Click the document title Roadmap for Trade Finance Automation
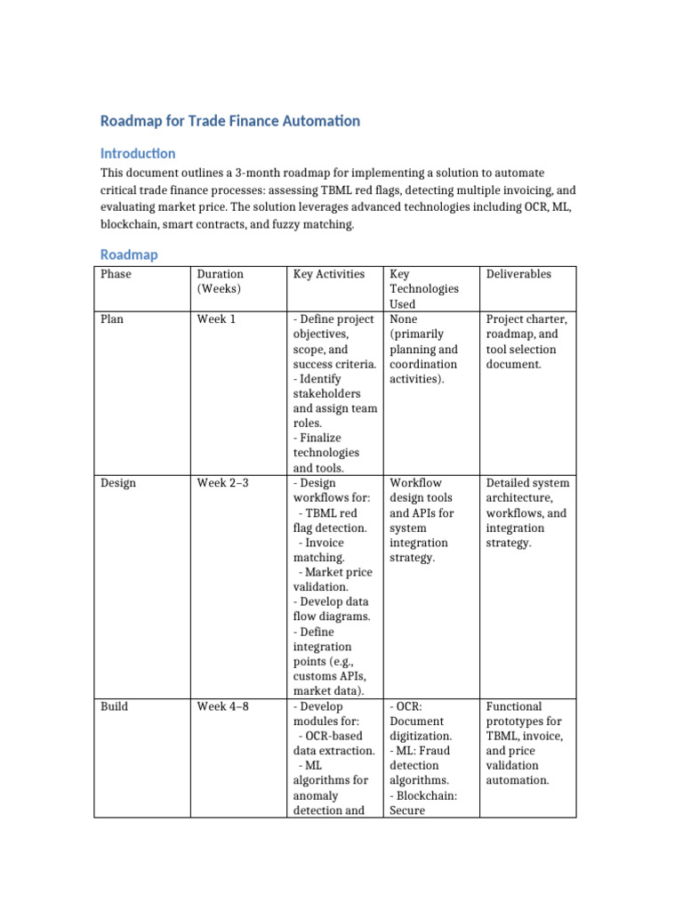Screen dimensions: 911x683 (230, 120)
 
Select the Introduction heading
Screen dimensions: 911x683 (138, 153)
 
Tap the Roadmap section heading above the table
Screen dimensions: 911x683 (129, 254)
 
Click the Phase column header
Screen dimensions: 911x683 (116, 274)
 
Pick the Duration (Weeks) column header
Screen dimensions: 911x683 (221, 281)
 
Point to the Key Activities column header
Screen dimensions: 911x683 (329, 274)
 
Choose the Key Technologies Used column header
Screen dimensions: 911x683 (424, 288)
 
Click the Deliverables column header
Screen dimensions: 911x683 (518, 274)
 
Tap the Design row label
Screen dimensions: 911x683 (117, 483)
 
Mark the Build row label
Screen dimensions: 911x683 (114, 706)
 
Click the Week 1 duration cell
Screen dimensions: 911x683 (216, 318)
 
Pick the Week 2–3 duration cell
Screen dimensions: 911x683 (222, 483)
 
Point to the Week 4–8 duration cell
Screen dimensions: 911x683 (222, 706)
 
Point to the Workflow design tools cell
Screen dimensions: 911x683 (423, 520)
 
